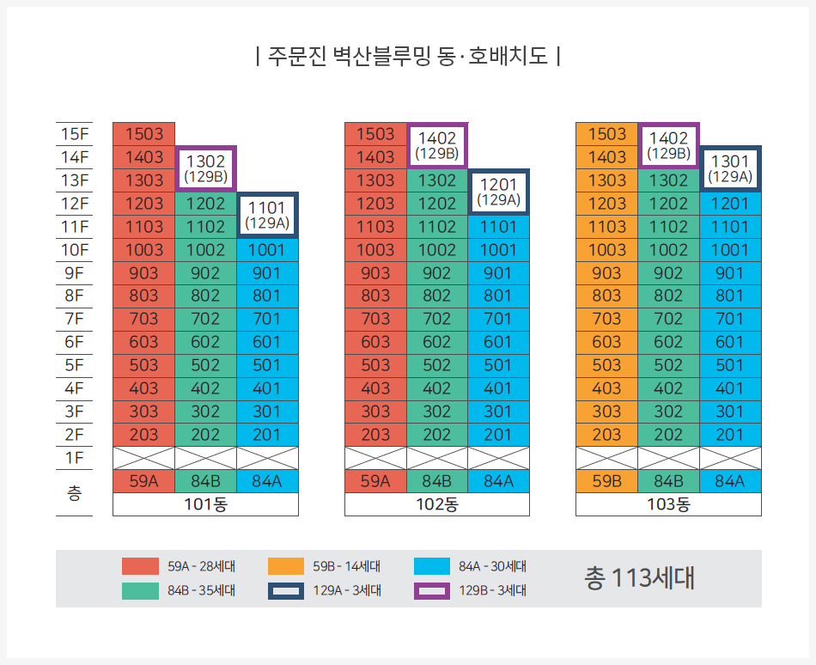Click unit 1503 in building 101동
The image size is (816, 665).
coord(143,134)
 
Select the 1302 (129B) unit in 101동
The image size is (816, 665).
coord(205,168)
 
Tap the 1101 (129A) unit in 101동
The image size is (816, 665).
coord(267,215)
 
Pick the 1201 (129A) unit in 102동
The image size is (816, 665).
coord(498,192)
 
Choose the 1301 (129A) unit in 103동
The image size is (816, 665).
coord(730,168)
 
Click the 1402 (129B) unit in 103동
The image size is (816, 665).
coord(668,145)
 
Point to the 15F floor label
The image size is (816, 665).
coord(74,134)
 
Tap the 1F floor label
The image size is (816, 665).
coord(74,458)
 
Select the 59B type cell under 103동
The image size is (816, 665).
coord(606,481)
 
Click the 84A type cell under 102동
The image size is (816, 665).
coord(498,481)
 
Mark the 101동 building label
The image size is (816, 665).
coord(205,504)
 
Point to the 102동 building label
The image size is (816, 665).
coord(436,504)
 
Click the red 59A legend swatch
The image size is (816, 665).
coord(140,566)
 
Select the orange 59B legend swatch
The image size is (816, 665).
coord(286,566)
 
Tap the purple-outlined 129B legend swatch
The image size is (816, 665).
coord(432,590)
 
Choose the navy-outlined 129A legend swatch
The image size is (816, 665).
coord(286,590)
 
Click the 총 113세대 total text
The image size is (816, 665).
coord(638,578)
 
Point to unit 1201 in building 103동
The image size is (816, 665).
coord(730,204)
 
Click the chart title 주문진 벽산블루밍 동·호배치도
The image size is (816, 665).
coord(408,58)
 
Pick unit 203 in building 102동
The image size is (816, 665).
coord(375,435)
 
